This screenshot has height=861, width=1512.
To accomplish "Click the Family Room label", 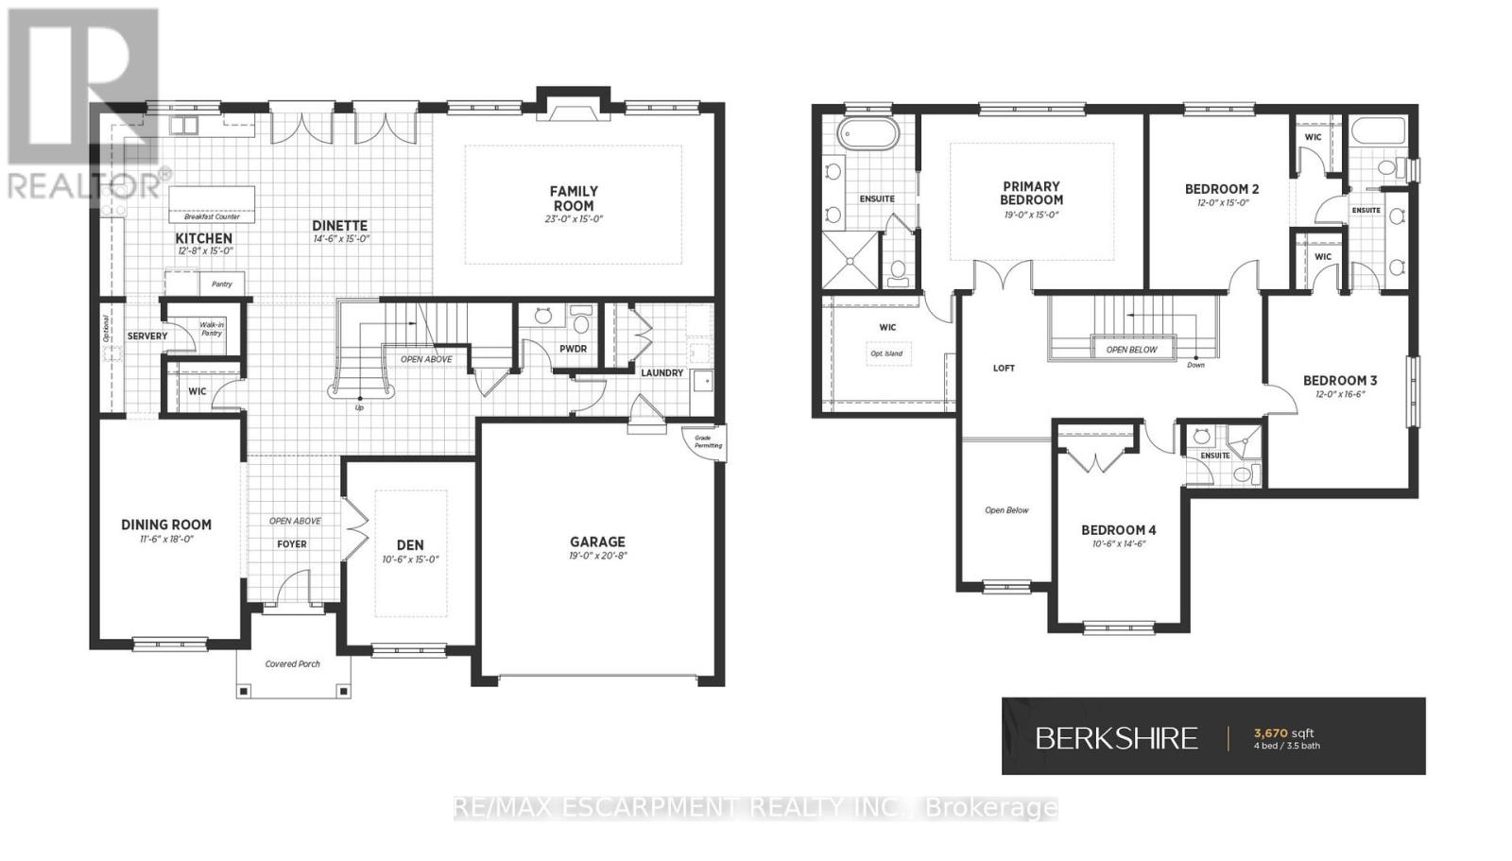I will [574, 198].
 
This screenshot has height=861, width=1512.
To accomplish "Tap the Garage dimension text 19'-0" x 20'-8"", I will [597, 556].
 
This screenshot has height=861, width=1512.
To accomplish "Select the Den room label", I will [410, 544].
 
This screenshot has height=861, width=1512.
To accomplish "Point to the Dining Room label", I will [166, 525].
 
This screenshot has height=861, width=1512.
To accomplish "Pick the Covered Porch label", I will [292, 663].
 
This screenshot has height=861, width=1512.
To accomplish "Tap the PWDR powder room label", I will [573, 349].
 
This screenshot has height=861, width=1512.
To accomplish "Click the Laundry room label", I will [661, 372].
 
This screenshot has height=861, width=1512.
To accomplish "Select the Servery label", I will [147, 336].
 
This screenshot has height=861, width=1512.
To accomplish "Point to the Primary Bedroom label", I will [1031, 193].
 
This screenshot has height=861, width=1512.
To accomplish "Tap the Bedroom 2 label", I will [1222, 189].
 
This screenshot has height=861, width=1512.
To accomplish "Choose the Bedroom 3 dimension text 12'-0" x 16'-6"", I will [1339, 394].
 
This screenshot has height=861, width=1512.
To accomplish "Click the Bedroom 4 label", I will [1119, 530].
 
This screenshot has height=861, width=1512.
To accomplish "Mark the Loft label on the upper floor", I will [1004, 368].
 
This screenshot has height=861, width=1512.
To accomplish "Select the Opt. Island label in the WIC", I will [886, 353].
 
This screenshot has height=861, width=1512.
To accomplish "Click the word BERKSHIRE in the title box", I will [1116, 738].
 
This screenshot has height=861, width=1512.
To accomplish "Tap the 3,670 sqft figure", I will [1283, 732].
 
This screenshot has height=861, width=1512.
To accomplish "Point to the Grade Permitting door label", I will [708, 441].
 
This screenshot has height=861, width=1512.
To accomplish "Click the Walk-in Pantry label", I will [211, 329].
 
